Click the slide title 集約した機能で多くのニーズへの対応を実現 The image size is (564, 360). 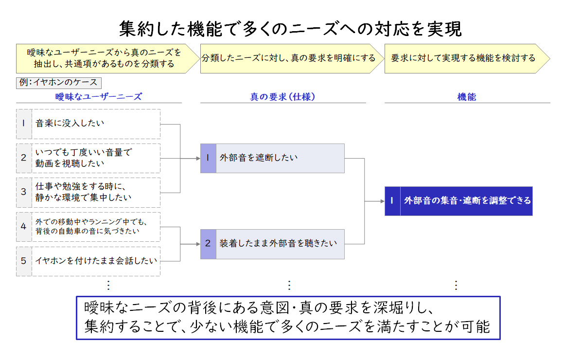point(290,28)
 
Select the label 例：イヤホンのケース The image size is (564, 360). point(59,83)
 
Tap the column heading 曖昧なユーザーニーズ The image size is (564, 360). point(99,96)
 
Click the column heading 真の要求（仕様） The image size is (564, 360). point(282,96)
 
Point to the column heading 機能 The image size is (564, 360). point(467,96)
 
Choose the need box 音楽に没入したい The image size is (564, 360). point(88,124)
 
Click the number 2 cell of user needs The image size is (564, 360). point(24,158)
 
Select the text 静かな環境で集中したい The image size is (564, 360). point(84,198)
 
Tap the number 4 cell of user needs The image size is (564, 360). point(24,226)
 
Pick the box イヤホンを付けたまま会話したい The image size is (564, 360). point(88,261)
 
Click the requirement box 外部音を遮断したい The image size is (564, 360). point(272,159)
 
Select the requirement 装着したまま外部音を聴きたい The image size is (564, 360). point(272,244)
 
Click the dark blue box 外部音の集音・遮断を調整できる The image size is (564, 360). point(458,201)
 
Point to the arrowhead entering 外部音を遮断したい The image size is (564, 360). point(198,159)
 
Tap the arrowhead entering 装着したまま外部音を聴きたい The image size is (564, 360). point(198,244)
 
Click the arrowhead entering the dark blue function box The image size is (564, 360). point(383,201)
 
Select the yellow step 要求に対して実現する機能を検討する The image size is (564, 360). point(467,59)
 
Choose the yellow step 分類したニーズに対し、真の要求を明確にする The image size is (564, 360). point(290,59)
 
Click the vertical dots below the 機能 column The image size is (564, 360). point(456,286)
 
